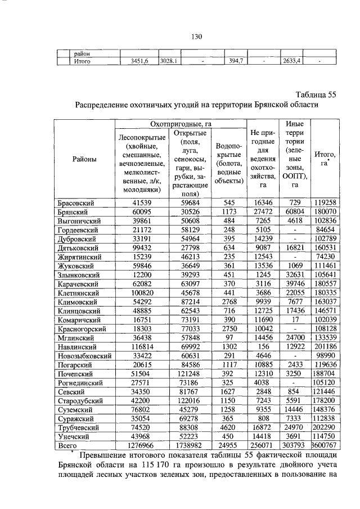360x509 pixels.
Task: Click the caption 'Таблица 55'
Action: [316, 94]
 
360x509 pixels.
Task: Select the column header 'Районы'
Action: [84, 160]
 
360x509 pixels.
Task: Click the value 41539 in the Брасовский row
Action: [138, 202]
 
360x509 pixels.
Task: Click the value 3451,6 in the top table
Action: [135, 61]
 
